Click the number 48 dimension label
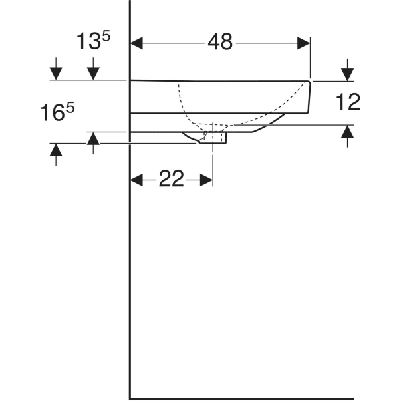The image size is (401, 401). (219, 43)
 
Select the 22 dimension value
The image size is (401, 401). (171, 179)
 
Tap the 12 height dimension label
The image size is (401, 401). (348, 102)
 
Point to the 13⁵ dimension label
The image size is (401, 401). (92, 41)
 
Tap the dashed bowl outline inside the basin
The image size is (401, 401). (184, 107)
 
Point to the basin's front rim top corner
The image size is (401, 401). (309, 82)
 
